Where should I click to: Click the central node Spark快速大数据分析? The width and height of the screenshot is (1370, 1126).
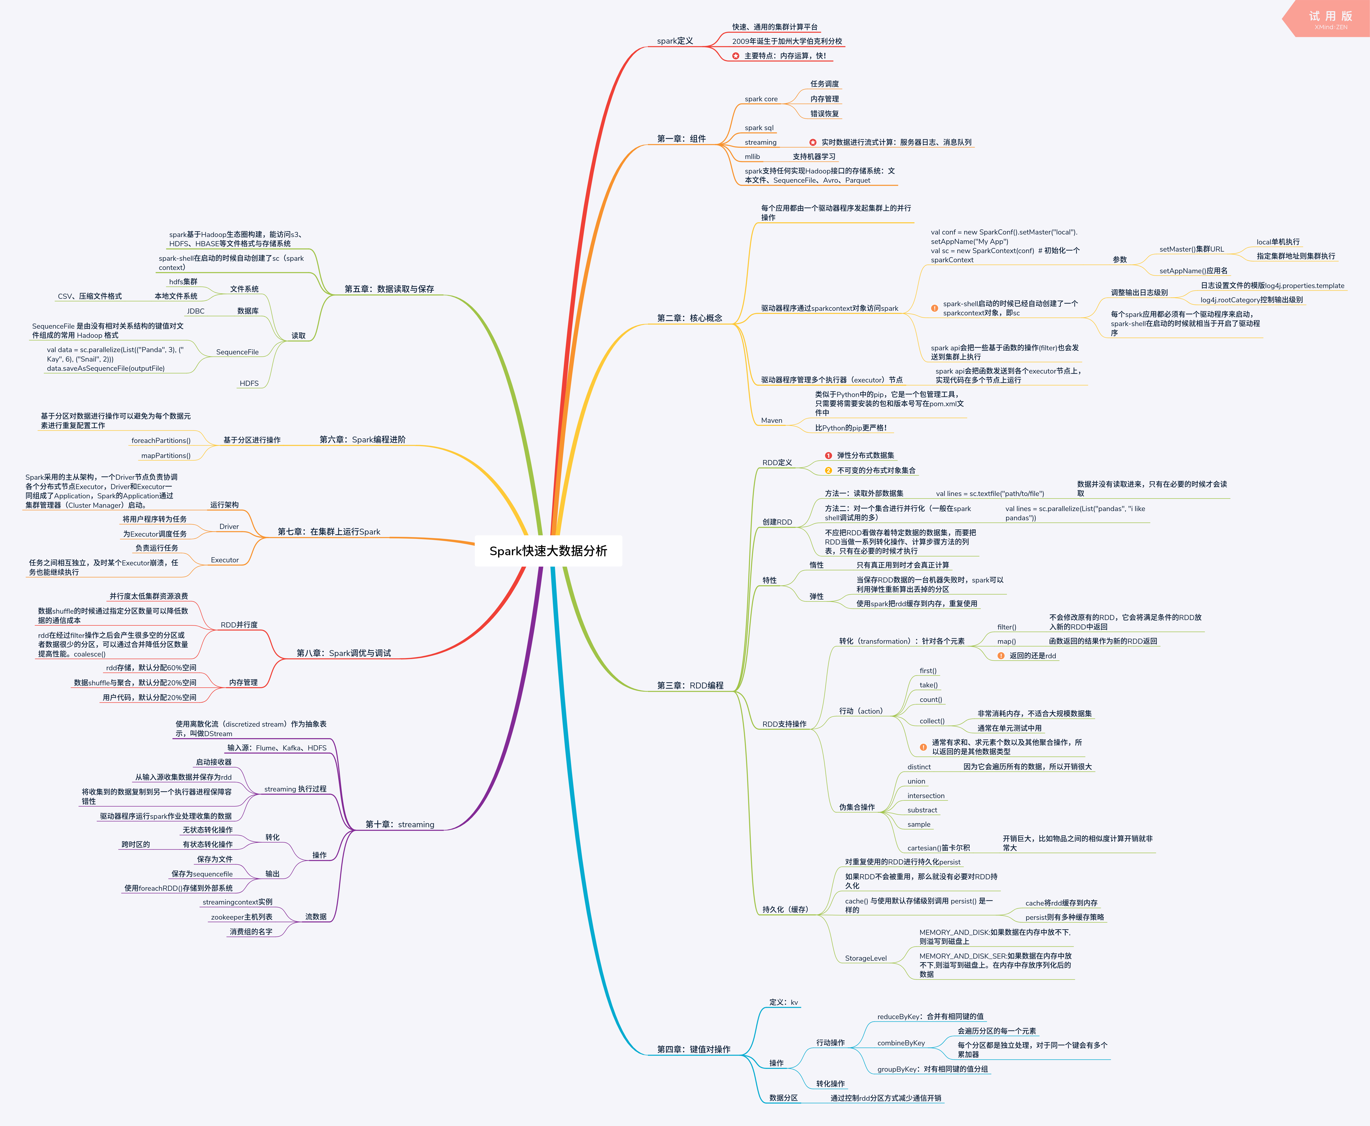pyautogui.click(x=548, y=551)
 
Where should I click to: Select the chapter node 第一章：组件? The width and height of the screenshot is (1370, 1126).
pyautogui.click(x=681, y=139)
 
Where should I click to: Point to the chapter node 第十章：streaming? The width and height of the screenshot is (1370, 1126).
pyautogui.click(x=400, y=824)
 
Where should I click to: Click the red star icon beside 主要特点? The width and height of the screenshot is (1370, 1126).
pyautogui.click(x=736, y=56)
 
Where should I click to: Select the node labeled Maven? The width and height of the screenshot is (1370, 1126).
pyautogui.click(x=771, y=420)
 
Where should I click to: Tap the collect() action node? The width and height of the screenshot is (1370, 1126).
pyautogui.click(x=932, y=721)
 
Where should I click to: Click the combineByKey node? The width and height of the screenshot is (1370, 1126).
pyautogui.click(x=901, y=1043)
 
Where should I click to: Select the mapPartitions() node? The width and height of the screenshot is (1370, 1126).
pyautogui.click(x=166, y=455)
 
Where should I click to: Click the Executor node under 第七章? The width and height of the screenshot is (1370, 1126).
pyautogui.click(x=225, y=560)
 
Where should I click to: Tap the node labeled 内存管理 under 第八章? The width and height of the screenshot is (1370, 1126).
pyautogui.click(x=243, y=682)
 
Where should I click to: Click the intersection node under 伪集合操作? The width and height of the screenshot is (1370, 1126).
pyautogui.click(x=926, y=796)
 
